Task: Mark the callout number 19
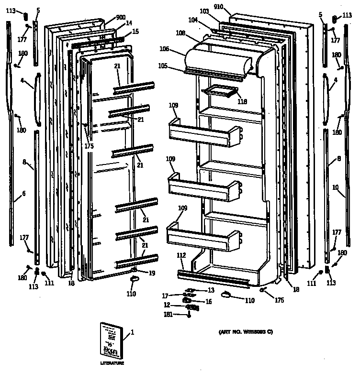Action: pos(152,273)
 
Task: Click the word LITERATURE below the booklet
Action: pos(112,363)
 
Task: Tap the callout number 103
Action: pos(204,11)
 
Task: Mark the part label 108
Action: pos(180,33)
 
